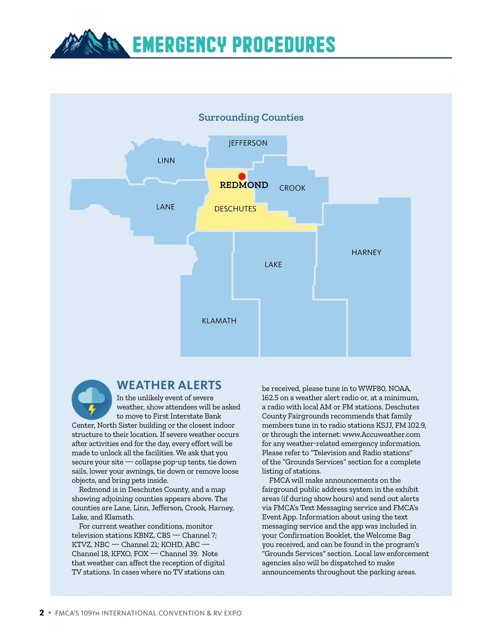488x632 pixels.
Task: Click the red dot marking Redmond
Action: [242, 176]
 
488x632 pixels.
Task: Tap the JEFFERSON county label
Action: [248, 143]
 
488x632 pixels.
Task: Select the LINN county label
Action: [166, 160]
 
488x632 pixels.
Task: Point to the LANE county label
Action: [166, 207]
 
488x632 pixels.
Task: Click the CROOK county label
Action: [292, 188]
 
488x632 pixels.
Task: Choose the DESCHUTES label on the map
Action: [235, 209]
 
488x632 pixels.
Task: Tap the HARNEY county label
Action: [366, 252]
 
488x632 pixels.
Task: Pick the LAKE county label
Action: [273, 265]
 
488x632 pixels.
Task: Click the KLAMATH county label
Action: [219, 321]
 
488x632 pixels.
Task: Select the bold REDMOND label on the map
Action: [244, 185]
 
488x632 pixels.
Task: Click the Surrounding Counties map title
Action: [251, 117]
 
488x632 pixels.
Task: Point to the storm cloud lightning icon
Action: [91, 400]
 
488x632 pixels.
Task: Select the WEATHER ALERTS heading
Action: [169, 385]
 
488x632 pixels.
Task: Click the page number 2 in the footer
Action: [41, 613]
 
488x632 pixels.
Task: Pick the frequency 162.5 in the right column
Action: [271, 398]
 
